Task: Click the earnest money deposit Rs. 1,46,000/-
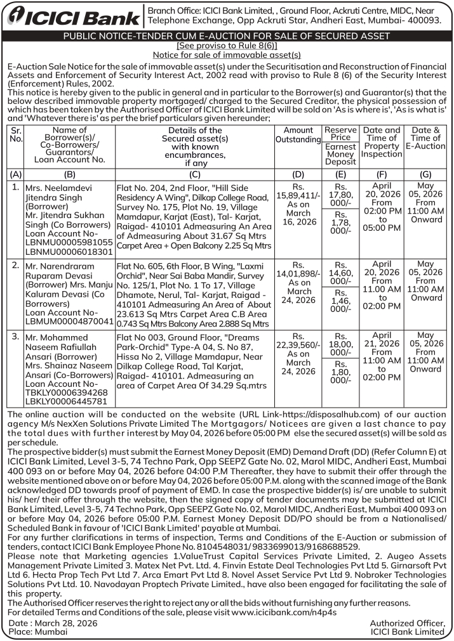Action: pyautogui.click(x=341, y=302)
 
